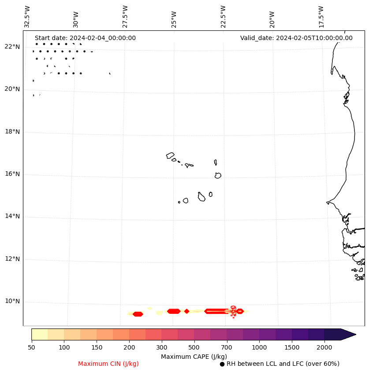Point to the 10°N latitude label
(x=12, y=302)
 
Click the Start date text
(x=85, y=38)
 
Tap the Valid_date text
(x=296, y=38)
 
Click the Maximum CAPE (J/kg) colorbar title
(x=194, y=356)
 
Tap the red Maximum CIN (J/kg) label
(x=108, y=364)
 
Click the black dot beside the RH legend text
(x=222, y=364)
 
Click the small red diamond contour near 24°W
(x=186, y=311)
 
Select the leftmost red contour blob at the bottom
(x=138, y=314)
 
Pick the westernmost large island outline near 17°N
(x=170, y=155)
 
